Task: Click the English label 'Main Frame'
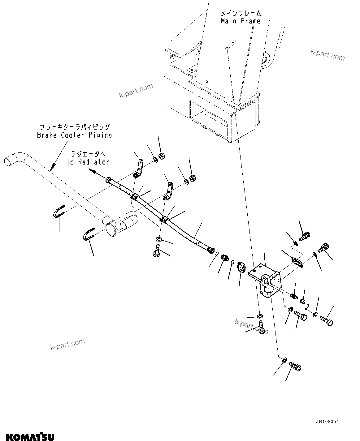point(241,21)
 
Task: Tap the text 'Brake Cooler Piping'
point(74,135)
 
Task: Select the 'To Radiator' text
point(88,162)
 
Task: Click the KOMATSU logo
point(27,436)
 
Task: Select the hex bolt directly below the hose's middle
point(156,250)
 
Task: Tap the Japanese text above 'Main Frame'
point(241,13)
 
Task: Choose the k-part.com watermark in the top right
point(327,55)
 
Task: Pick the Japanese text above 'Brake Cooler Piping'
point(75,127)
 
